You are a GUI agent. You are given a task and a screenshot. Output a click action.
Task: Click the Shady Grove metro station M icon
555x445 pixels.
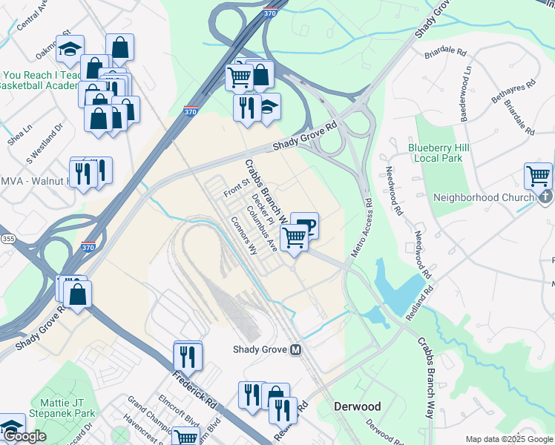(x=296, y=350)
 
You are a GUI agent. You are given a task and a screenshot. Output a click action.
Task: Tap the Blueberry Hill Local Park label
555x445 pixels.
(x=436, y=153)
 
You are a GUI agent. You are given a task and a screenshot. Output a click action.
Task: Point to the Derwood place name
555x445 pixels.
(x=357, y=406)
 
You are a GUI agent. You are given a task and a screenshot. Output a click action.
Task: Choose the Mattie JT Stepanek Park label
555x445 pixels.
(x=62, y=408)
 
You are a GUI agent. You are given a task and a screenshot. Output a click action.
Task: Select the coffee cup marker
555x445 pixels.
(x=304, y=226)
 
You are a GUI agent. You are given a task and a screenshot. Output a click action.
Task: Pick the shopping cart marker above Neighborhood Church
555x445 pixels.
(x=538, y=177)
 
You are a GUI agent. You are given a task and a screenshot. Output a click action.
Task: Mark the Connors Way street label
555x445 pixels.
(x=243, y=235)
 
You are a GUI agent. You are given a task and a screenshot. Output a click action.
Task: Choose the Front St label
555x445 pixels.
(x=235, y=187)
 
